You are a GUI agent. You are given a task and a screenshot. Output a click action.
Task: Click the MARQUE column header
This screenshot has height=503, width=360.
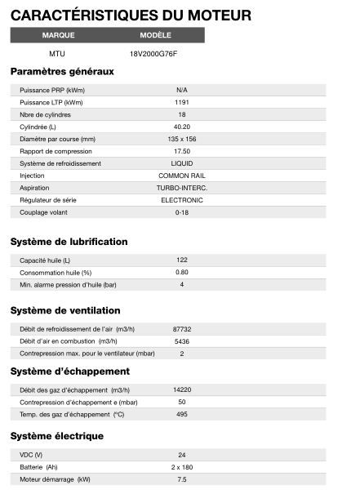tap(58, 36)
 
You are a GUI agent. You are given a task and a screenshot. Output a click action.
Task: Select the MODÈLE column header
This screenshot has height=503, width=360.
tap(155, 36)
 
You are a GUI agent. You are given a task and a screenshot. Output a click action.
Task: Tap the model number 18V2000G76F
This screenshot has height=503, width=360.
tap(153, 54)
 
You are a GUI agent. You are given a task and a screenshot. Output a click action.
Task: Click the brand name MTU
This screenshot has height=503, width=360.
tap(57, 54)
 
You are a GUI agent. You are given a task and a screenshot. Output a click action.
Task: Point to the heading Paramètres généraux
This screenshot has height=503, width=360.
tap(62, 72)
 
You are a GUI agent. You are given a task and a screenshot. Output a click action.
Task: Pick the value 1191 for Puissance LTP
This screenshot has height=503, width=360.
tap(181, 102)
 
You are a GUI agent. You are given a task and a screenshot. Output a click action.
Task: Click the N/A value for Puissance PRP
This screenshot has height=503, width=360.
tap(181, 90)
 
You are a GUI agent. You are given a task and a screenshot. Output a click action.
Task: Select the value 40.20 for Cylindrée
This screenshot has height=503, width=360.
tap(181, 127)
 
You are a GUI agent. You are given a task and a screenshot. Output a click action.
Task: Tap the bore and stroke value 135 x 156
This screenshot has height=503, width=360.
tap(181, 139)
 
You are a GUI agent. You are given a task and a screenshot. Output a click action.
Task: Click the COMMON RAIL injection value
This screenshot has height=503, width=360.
tap(181, 176)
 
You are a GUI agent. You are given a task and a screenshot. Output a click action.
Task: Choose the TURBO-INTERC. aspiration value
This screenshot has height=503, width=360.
tap(181, 188)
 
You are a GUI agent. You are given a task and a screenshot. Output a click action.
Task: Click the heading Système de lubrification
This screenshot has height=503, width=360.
tap(69, 243)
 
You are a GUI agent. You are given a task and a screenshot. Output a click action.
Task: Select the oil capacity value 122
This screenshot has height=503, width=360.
tap(181, 260)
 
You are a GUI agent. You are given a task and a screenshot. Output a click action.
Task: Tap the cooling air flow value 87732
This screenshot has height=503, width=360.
tap(181, 328)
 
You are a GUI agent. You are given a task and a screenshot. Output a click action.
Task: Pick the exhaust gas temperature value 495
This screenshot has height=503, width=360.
tap(181, 414)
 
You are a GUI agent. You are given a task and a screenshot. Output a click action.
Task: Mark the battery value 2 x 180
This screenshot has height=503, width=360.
tap(181, 466)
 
